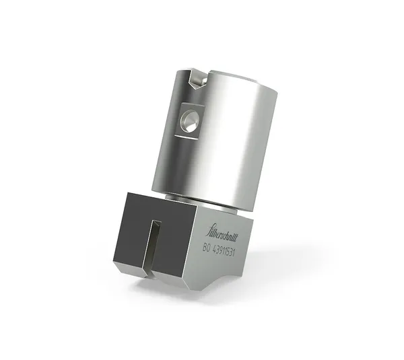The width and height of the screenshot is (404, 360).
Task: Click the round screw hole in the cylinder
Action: point(189,122)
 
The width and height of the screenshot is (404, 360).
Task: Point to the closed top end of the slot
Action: point(155,222)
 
